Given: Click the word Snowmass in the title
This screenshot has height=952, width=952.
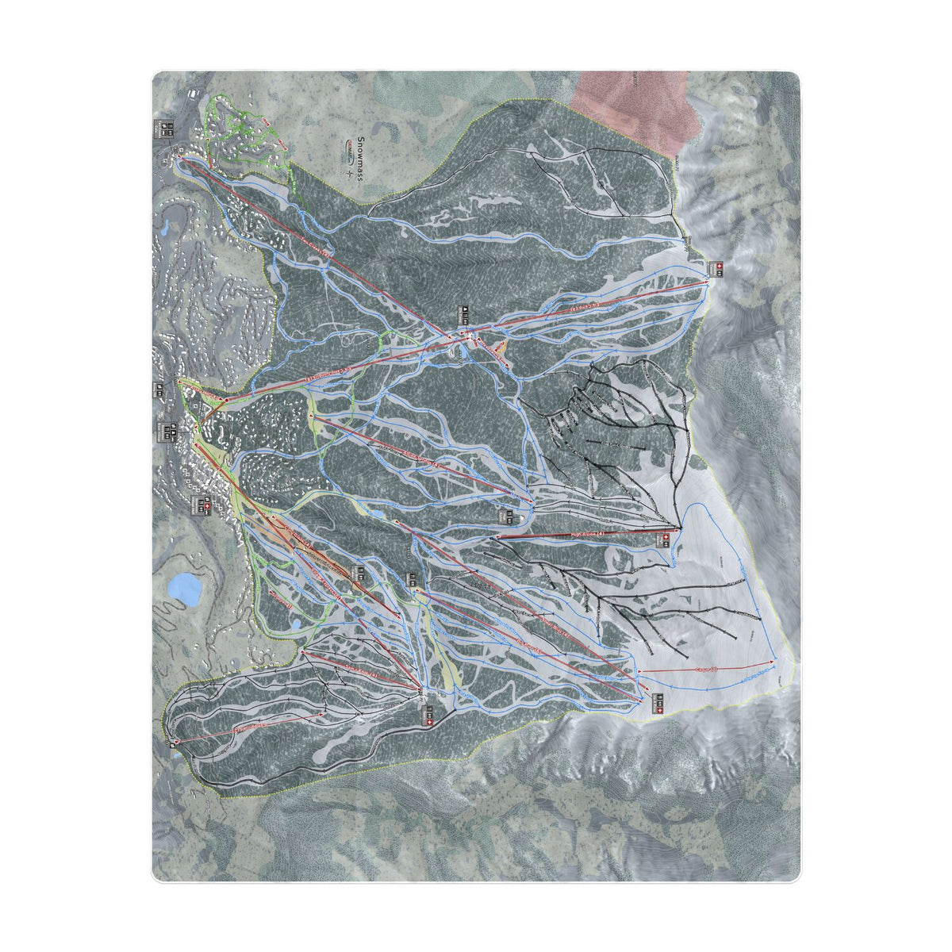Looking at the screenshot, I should [360, 159].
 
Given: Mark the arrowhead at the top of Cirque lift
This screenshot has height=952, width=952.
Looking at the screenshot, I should [773, 661].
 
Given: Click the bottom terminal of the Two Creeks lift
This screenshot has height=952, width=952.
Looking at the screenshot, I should [179, 158].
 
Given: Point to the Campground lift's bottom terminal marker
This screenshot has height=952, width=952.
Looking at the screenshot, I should [175, 742].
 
